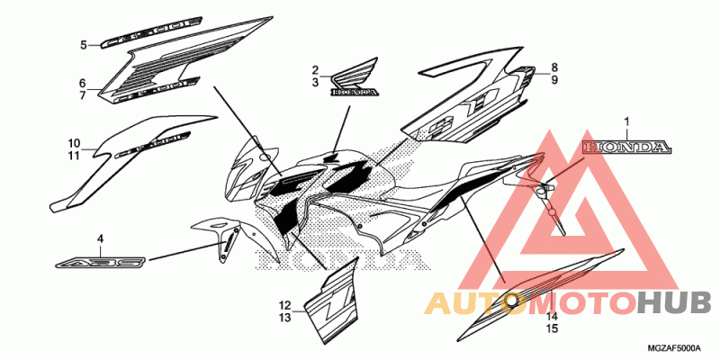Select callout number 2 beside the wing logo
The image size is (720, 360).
[316, 70]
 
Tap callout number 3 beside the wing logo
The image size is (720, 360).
[316, 82]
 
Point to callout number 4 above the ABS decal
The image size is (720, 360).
[101, 238]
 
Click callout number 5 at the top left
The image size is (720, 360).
[83, 44]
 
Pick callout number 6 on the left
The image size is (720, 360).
[82, 83]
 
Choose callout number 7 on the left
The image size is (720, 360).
[82, 94]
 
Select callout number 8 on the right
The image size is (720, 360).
[554, 67]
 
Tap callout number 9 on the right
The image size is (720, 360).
[554, 80]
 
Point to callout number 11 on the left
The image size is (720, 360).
[74, 155]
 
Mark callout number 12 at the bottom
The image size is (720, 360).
[284, 304]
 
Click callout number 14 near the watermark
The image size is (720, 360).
[552, 318]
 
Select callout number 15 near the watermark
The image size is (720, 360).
[552, 330]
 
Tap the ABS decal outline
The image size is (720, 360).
[100, 262]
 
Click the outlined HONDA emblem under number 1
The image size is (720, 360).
[626, 146]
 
